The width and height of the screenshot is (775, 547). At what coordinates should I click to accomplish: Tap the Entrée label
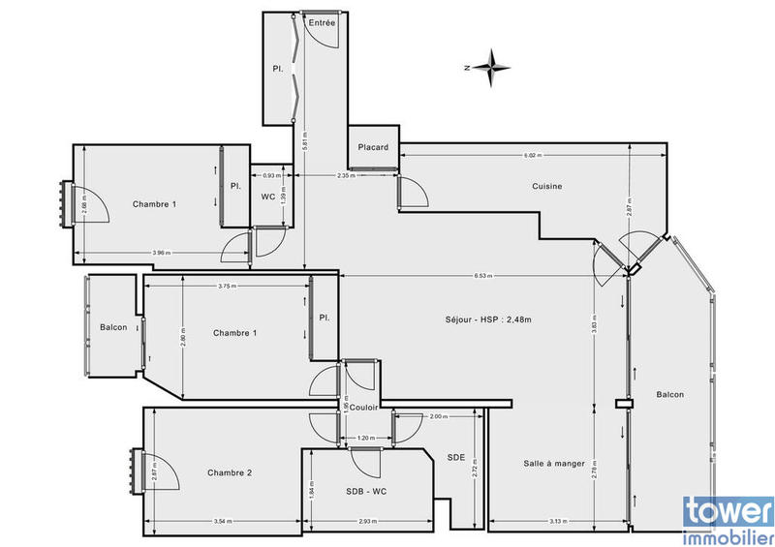322,22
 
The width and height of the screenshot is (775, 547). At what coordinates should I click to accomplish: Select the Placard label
373,148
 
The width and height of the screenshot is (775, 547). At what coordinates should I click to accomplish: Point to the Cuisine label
547,186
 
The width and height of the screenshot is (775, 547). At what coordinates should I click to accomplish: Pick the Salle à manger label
554,463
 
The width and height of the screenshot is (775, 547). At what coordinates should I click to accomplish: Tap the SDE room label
455,457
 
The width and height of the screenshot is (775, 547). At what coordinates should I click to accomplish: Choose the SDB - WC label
365,491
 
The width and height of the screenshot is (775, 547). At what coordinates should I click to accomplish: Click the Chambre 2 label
230,472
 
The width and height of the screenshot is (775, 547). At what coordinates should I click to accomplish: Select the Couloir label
364,408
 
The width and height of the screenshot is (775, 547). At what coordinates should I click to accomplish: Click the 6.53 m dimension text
483,276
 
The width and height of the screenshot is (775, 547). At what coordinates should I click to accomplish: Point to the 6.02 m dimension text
532,155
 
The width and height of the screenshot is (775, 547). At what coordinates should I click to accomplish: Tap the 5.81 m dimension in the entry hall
305,139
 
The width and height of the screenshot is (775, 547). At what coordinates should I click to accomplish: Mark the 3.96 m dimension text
161,253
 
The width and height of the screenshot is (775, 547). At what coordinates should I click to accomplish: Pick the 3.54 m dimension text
222,523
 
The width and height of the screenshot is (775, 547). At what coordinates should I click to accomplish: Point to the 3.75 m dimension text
229,286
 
